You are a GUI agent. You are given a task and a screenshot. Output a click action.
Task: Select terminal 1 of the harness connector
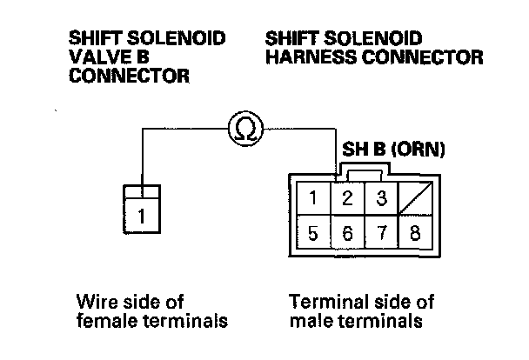pyautogui.click(x=313, y=197)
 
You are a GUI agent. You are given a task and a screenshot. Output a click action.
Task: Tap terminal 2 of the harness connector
pyautogui.click(x=346, y=197)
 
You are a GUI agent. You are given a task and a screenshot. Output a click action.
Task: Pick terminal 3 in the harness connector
pyautogui.click(x=379, y=197)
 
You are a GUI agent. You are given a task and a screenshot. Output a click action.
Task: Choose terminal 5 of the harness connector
pyautogui.click(x=313, y=232)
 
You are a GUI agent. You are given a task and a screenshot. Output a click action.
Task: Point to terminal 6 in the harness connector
pyautogui.click(x=346, y=232)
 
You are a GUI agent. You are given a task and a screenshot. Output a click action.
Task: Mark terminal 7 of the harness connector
pyautogui.click(x=379, y=232)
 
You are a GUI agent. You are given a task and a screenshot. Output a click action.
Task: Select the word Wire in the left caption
pyautogui.click(x=95, y=302)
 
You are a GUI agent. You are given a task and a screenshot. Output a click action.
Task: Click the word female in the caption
pyautogui.click(x=105, y=321)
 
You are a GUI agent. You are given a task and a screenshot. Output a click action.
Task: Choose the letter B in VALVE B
pyautogui.click(x=143, y=57)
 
